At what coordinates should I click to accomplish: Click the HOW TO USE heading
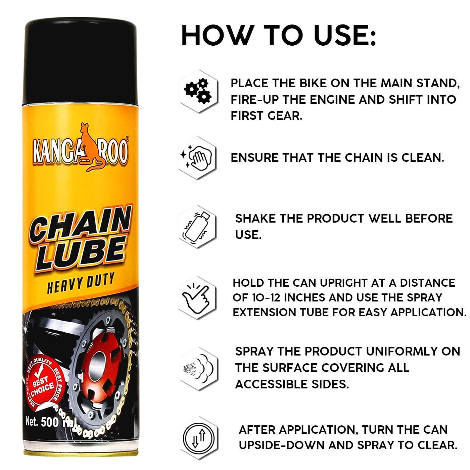click(279, 35)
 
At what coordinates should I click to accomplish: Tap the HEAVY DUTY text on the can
click(80, 283)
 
